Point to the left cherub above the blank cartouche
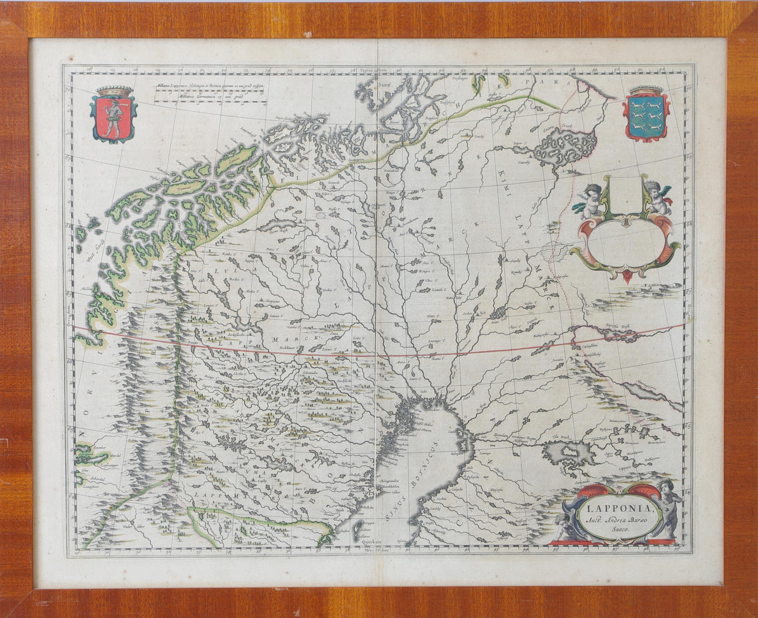[593, 200]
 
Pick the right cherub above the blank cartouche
[658, 197]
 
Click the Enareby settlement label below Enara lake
[523, 162]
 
